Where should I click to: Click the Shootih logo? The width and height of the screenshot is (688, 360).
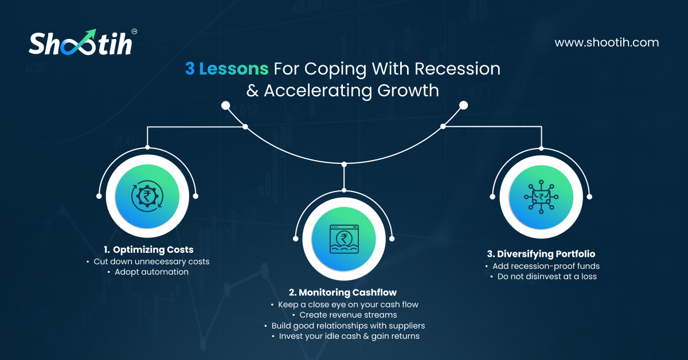(x=83, y=42)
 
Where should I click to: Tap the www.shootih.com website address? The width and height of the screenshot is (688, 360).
(x=607, y=42)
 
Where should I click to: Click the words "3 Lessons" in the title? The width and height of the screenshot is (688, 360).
(x=226, y=68)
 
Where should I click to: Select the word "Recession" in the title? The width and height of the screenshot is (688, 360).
(x=458, y=68)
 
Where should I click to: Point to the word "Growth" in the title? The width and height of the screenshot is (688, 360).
(x=408, y=91)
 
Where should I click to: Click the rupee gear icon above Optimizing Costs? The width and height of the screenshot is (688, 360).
(x=147, y=196)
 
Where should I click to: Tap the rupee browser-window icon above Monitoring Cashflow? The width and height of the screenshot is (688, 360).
(x=344, y=239)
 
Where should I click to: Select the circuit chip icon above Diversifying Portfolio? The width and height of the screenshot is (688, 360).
(x=541, y=197)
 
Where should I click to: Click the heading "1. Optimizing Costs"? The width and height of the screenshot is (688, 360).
(x=148, y=250)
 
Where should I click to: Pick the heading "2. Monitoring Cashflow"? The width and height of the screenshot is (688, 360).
(x=343, y=292)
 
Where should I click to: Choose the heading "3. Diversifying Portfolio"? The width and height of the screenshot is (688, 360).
(x=541, y=254)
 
